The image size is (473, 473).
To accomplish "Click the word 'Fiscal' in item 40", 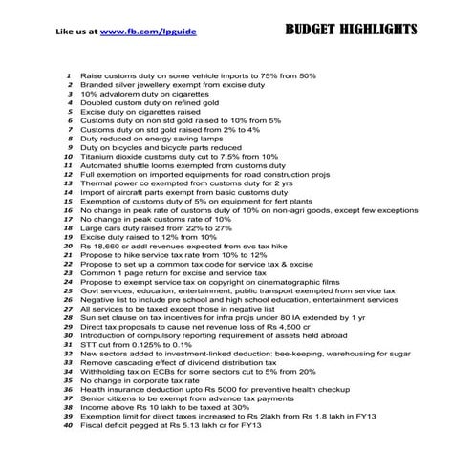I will coord(93,425).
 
